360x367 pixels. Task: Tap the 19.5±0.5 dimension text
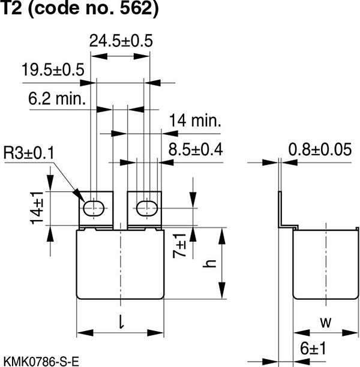53,70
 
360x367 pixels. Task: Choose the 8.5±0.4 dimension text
196,149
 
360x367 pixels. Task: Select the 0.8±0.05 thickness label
319,149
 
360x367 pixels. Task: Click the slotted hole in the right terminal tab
145,208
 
